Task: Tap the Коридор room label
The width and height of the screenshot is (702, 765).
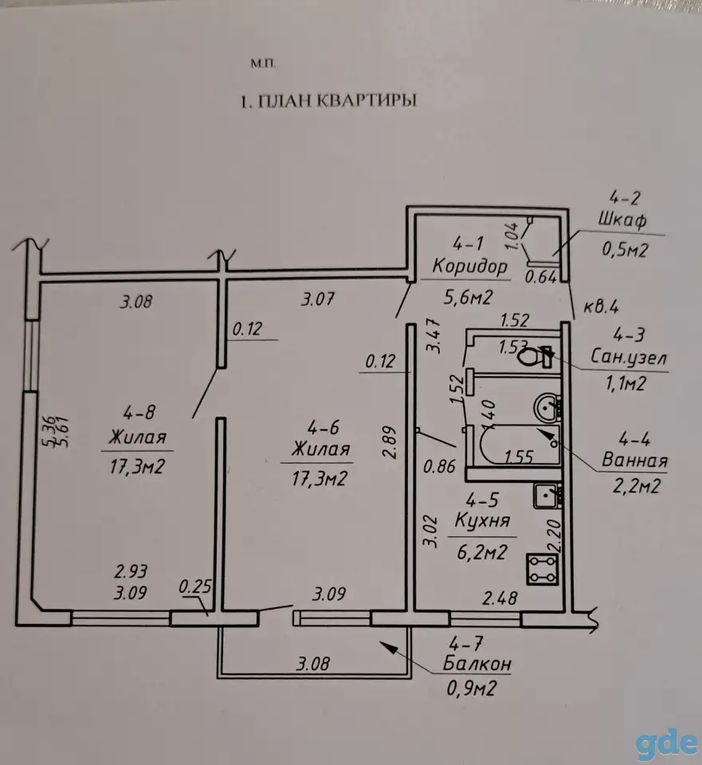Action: (x=470, y=267)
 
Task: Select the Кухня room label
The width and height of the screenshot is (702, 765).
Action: (x=482, y=520)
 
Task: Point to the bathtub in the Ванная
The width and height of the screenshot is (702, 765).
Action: (x=518, y=444)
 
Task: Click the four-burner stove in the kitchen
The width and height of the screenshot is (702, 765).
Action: (x=542, y=569)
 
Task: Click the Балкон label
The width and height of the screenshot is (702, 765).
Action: (x=476, y=664)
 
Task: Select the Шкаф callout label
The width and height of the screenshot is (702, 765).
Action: (x=622, y=220)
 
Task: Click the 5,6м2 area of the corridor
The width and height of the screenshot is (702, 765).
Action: (x=468, y=296)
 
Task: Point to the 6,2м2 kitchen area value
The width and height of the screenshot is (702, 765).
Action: (x=482, y=551)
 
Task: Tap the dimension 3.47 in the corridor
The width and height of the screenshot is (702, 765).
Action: (x=433, y=335)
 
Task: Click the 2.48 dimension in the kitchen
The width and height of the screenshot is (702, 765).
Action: (x=500, y=598)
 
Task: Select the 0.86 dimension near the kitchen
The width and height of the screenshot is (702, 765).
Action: (x=439, y=466)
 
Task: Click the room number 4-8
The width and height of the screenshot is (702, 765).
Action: (x=139, y=413)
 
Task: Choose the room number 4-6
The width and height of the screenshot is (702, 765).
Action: (x=323, y=428)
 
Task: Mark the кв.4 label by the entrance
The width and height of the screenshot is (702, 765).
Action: (x=601, y=307)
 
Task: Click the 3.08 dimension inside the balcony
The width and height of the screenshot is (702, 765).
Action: (x=312, y=664)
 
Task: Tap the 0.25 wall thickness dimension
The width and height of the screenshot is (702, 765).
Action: (x=195, y=586)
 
